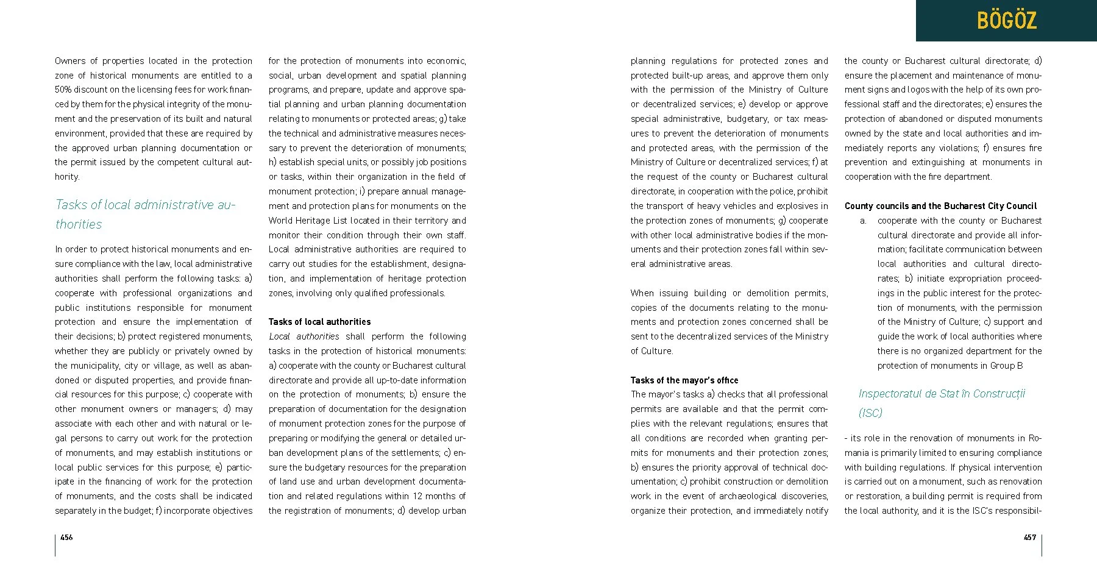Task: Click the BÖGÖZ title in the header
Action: click(1006, 21)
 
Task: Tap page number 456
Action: click(66, 537)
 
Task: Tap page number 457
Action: click(1029, 537)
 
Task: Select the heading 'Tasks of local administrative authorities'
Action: click(145, 214)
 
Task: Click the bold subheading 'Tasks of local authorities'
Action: click(319, 322)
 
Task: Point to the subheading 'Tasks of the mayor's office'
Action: click(684, 380)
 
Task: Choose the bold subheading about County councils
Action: click(940, 206)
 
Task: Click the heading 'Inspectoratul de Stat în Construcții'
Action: click(942, 394)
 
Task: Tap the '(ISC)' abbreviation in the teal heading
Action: click(870, 413)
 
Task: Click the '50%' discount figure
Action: click(63, 90)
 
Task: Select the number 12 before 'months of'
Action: click(417, 496)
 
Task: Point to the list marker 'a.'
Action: click(863, 221)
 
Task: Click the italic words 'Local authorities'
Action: click(304, 336)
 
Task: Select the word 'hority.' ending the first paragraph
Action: click(67, 177)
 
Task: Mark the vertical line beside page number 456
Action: click(55, 545)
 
